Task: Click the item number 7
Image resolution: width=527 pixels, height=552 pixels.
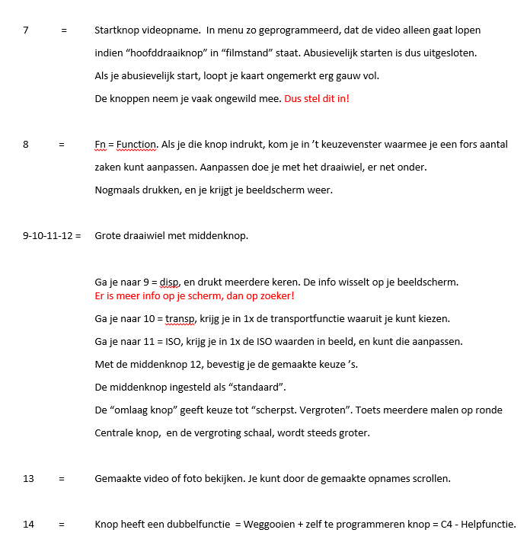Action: pyautogui.click(x=26, y=30)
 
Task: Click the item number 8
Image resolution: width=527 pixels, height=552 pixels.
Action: pyautogui.click(x=26, y=144)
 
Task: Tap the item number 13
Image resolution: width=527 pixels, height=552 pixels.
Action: pyautogui.click(x=28, y=479)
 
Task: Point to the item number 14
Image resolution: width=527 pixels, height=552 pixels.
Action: pyautogui.click(x=28, y=524)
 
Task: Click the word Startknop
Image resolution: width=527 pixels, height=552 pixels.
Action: pyautogui.click(x=118, y=30)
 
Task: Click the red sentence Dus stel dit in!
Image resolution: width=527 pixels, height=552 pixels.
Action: pyautogui.click(x=317, y=98)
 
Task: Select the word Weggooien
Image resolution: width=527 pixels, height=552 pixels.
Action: pyautogui.click(x=273, y=524)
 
